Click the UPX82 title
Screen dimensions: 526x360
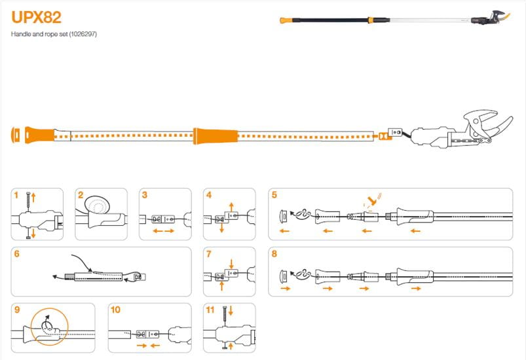coord(36,18)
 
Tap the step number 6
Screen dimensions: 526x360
coord(17,254)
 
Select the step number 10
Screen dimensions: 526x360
coord(115,310)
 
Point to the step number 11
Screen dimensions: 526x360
coord(210,310)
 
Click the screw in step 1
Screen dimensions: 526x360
coord(29,201)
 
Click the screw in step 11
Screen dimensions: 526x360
coord(225,315)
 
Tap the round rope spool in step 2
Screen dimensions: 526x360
coord(98,204)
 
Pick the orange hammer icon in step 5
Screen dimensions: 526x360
coord(371,200)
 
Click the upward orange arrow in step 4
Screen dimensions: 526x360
coord(231,206)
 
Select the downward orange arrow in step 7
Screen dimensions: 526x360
coord(231,264)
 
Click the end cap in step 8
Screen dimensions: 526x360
coord(284,276)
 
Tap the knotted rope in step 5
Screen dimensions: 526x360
coord(303,214)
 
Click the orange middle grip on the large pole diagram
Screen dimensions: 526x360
coord(216,136)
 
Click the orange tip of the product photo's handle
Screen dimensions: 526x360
coord(286,20)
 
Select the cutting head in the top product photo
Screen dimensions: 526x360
coord(491,18)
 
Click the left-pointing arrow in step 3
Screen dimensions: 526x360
coord(157,231)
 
